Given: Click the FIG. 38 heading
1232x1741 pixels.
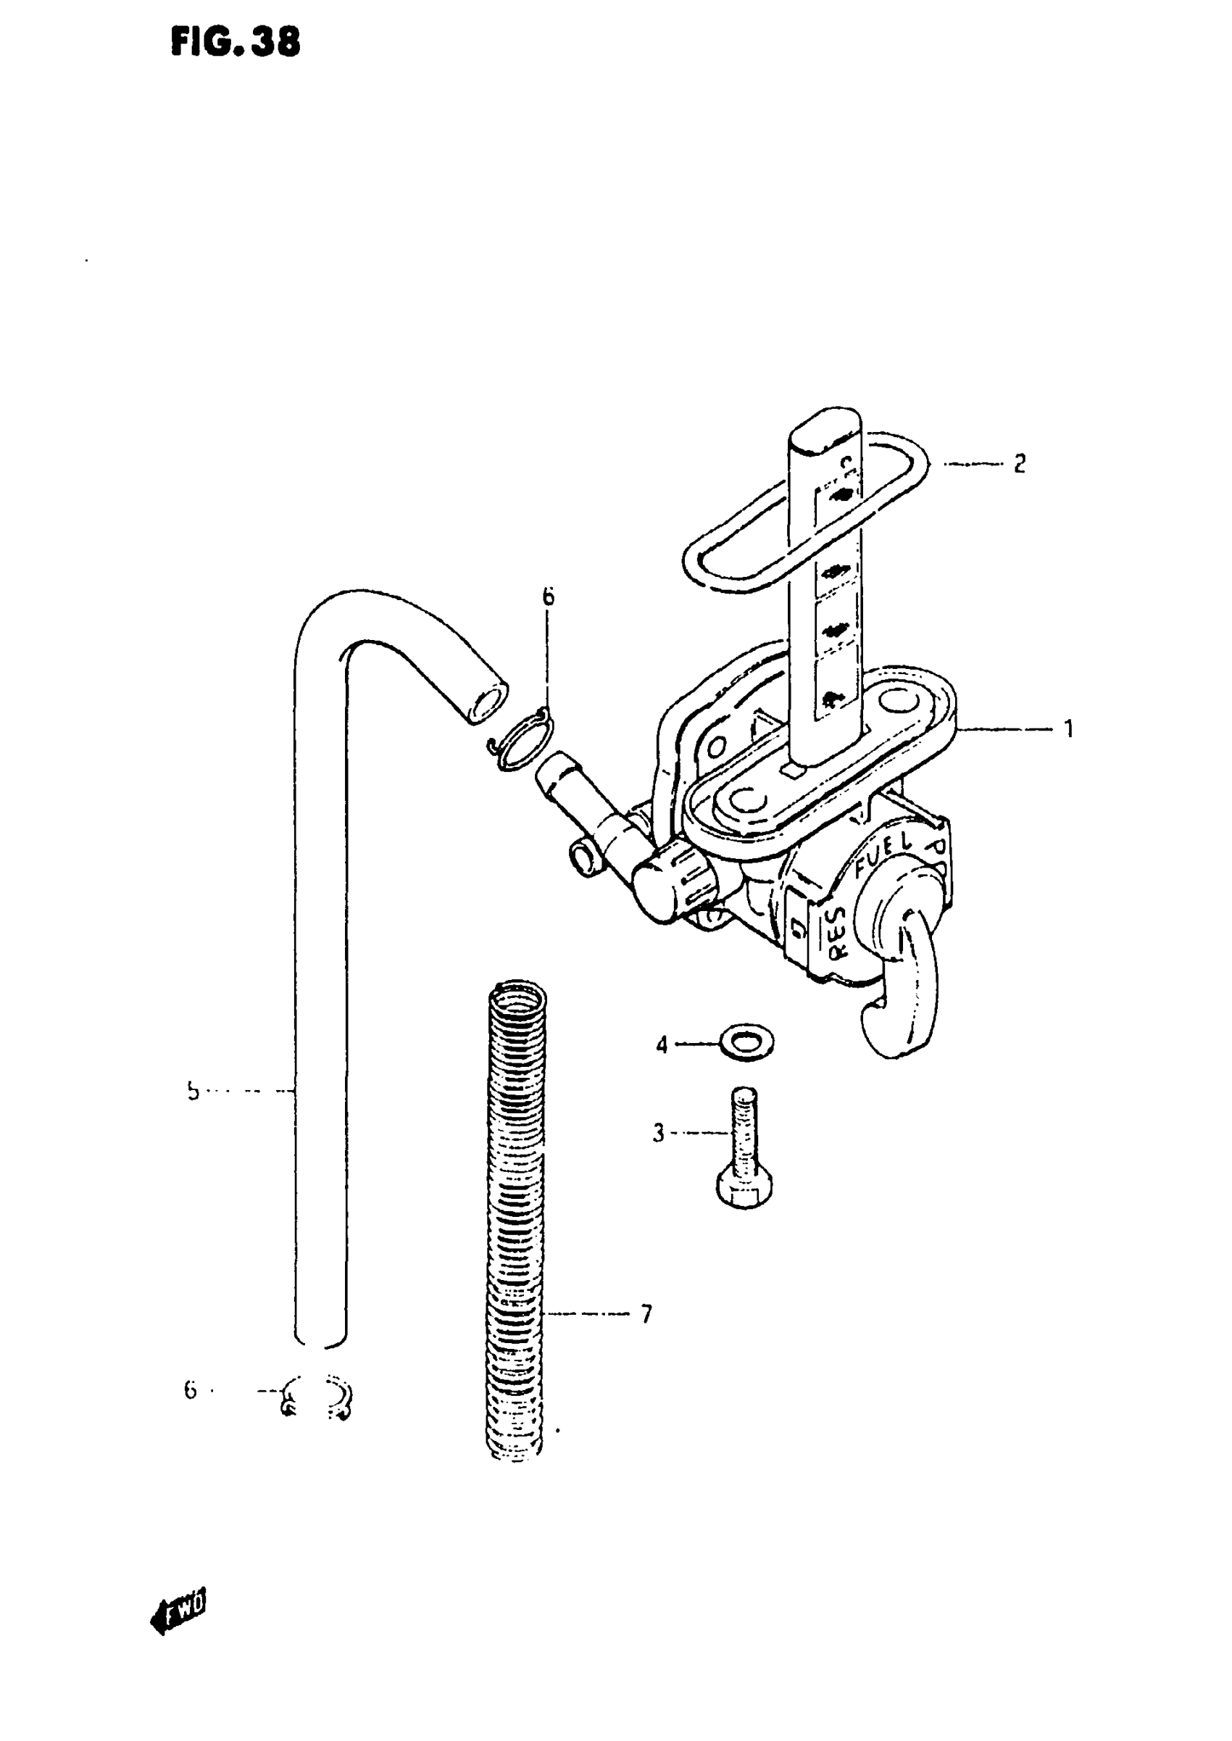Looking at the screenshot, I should (x=236, y=42).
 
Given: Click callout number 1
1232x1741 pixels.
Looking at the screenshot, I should (x=1068, y=730).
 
